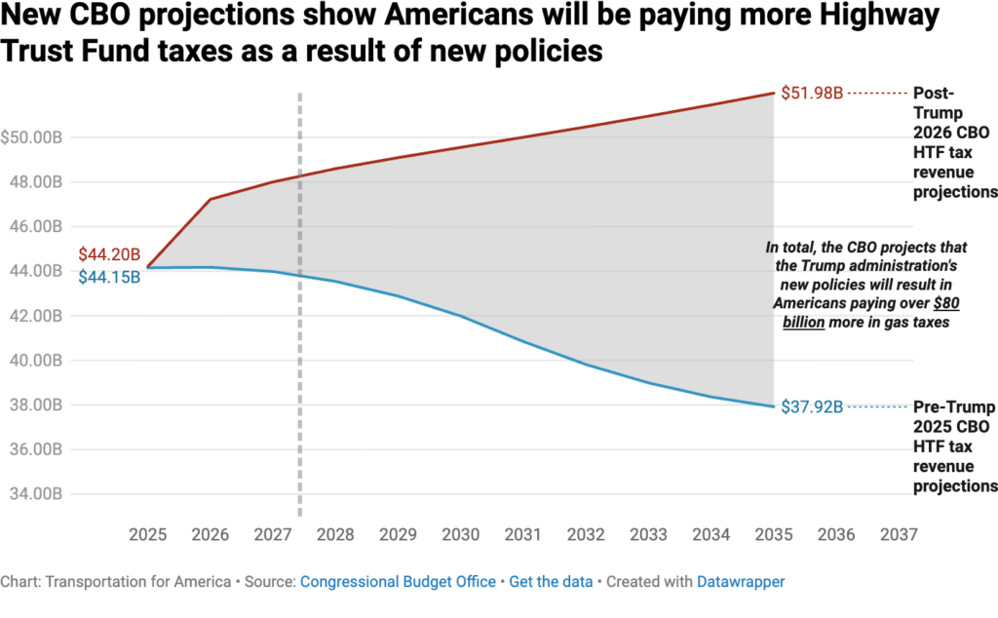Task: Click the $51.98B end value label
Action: pyautogui.click(x=810, y=94)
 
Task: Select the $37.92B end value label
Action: pyautogui.click(x=810, y=406)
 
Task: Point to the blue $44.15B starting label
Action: pyautogui.click(x=109, y=277)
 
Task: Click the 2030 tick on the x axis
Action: pyautogui.click(x=461, y=535)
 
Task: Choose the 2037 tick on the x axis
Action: pyautogui.click(x=898, y=535)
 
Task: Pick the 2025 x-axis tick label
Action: pyautogui.click(x=148, y=535)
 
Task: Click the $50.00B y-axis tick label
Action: pyautogui.click(x=33, y=137)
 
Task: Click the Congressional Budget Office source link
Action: pyautogui.click(x=398, y=582)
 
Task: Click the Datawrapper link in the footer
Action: pyautogui.click(x=741, y=582)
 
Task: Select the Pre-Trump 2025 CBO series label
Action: pyautogui.click(x=954, y=445)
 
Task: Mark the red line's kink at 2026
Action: pyautogui.click(x=211, y=199)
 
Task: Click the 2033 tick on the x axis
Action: pyautogui.click(x=648, y=535)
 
